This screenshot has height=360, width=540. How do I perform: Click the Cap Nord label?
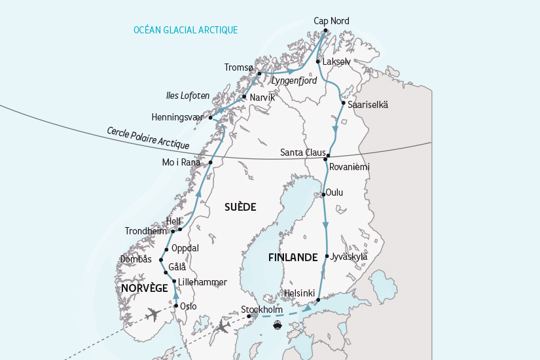(x=331, y=21)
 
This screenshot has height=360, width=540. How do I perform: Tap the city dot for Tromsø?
(x=260, y=73)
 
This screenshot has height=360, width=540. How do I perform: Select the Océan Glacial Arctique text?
(x=185, y=30)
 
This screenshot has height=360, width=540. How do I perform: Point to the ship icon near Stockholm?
(x=278, y=324)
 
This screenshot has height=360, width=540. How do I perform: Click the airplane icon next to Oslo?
(x=153, y=314)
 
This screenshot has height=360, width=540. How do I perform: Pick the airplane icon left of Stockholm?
(x=223, y=325)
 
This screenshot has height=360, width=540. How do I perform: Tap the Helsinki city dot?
(x=318, y=300)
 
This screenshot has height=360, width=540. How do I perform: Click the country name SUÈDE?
(x=240, y=207)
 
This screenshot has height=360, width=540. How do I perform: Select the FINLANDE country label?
(x=293, y=257)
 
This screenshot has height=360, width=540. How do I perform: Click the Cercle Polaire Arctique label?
(x=148, y=137)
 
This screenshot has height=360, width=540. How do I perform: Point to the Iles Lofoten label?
(x=188, y=96)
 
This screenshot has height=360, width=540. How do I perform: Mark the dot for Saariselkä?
(x=344, y=103)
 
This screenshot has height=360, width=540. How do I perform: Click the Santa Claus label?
(x=302, y=153)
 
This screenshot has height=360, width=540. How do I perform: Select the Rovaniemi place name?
(x=350, y=167)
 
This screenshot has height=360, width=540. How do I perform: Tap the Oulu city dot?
(x=323, y=194)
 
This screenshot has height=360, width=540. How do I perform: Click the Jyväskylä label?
(x=349, y=257)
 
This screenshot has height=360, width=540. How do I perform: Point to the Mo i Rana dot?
(x=211, y=162)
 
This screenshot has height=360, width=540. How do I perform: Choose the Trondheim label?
(x=146, y=231)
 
